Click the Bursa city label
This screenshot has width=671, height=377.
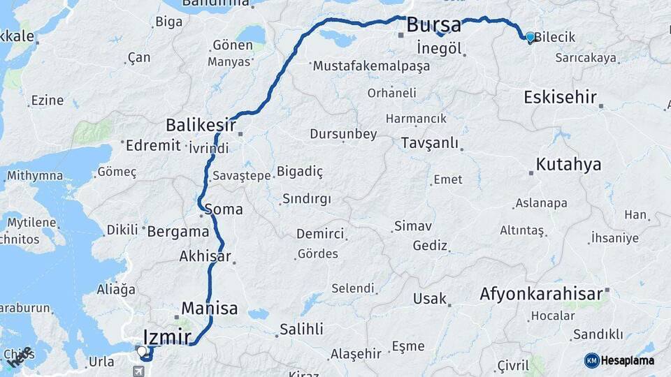pyautogui.click(x=433, y=26)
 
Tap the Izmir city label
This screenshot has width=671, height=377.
pyautogui.click(x=167, y=337)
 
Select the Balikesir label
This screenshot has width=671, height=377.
pyautogui.click(x=201, y=125)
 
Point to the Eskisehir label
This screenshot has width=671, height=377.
pyautogui.click(x=560, y=97)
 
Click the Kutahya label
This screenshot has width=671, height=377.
pyautogui.click(x=568, y=165)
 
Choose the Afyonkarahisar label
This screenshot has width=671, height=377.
pyautogui.click(x=541, y=295)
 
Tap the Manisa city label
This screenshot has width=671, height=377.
pyautogui.click(x=210, y=308)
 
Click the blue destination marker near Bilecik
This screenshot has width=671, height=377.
pyautogui.click(x=530, y=37)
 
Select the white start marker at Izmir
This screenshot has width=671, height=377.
pyautogui.click(x=142, y=351)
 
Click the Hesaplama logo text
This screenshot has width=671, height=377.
pyautogui.click(x=627, y=360)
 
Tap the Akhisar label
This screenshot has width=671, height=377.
pyautogui.click(x=205, y=256)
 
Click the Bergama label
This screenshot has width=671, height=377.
pyautogui.click(x=178, y=231)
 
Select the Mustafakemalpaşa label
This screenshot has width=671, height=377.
pyautogui.click(x=371, y=66)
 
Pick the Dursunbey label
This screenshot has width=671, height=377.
pyautogui.click(x=343, y=134)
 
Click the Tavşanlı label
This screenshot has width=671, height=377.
pyautogui.click(x=430, y=143)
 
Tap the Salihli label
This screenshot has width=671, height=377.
pyautogui.click(x=301, y=329)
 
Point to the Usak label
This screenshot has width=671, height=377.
pyautogui.click(x=430, y=299)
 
